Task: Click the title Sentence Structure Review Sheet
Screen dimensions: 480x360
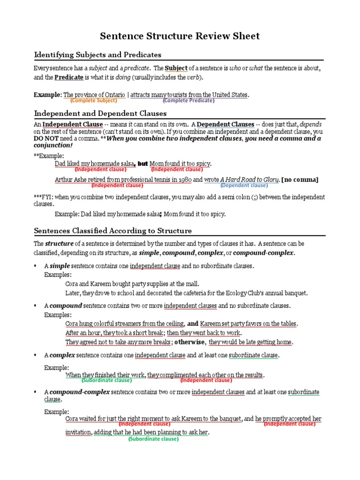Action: (x=180, y=36)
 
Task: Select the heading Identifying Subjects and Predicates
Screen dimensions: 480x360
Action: (x=97, y=55)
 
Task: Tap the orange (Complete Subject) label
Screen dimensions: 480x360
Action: (x=94, y=100)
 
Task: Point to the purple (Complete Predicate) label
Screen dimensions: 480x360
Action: (x=188, y=100)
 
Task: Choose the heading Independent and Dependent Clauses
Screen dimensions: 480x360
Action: (x=100, y=113)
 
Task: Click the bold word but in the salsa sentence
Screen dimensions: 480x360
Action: (x=142, y=164)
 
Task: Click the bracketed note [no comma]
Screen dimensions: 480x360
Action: (x=300, y=180)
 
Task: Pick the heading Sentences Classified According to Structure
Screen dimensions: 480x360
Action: (x=113, y=231)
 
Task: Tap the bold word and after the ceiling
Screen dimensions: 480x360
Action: (x=192, y=323)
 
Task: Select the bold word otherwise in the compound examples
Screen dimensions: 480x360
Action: (x=190, y=342)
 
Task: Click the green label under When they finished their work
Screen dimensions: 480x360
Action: (x=106, y=380)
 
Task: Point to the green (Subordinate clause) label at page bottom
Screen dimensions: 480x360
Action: (x=153, y=439)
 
